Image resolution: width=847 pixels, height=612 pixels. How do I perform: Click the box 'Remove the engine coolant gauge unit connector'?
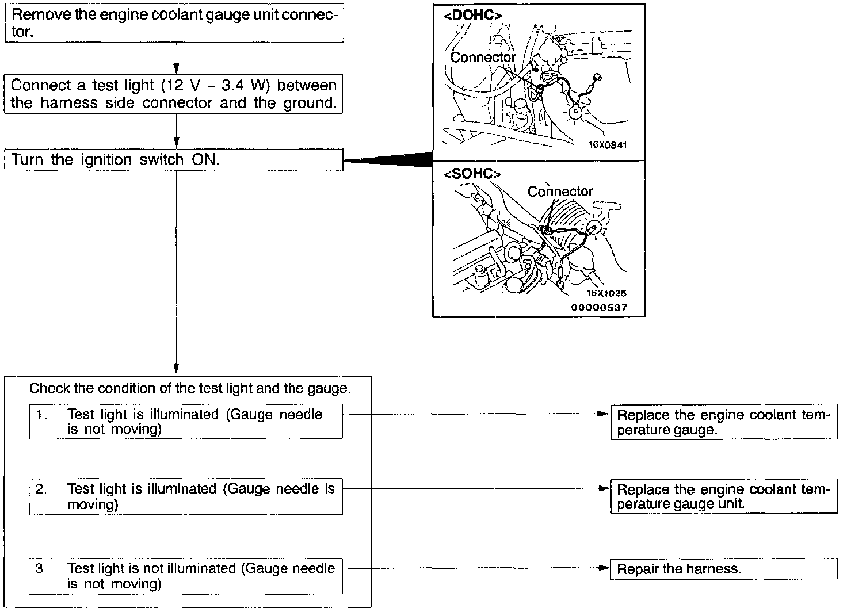coord(174,23)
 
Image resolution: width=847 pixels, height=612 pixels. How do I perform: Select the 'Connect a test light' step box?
coord(174,94)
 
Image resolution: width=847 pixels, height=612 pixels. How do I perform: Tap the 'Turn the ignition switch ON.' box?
coord(174,159)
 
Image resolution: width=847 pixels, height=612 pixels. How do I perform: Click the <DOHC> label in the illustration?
coord(469,16)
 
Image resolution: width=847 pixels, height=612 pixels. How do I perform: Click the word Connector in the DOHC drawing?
coord(483,58)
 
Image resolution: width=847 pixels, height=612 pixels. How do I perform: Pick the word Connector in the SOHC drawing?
coord(560,192)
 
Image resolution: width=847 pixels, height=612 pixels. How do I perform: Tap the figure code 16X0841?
coord(607,146)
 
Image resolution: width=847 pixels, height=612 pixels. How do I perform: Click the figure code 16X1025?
coord(607,293)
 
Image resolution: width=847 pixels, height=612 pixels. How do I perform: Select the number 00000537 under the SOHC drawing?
coord(599,308)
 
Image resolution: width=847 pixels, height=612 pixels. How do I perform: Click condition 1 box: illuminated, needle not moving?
coord(186,422)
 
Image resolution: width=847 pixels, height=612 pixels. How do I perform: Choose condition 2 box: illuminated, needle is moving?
coord(186,496)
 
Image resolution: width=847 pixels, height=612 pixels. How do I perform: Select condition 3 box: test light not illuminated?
coord(186,576)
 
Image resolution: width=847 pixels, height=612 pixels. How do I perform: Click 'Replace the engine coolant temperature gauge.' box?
coord(724,422)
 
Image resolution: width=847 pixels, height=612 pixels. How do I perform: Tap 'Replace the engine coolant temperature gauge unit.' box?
coord(724,496)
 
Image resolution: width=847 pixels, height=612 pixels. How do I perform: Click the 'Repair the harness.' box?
coord(724,569)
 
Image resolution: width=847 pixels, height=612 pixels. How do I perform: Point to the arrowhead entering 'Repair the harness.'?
coord(604,568)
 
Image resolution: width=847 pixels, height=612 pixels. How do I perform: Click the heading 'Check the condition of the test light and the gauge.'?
coord(189,388)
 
